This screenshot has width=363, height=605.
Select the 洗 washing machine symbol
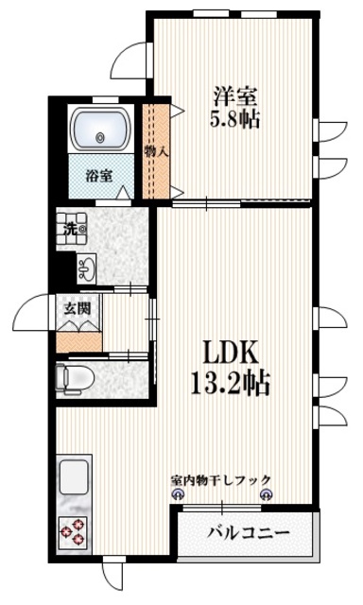(72, 229)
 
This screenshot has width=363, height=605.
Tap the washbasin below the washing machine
(83, 268)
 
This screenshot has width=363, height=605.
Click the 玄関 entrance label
(78, 307)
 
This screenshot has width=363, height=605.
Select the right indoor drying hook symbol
(266, 494)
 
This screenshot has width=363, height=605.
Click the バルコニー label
(249, 533)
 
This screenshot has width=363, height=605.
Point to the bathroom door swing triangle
(123, 195)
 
